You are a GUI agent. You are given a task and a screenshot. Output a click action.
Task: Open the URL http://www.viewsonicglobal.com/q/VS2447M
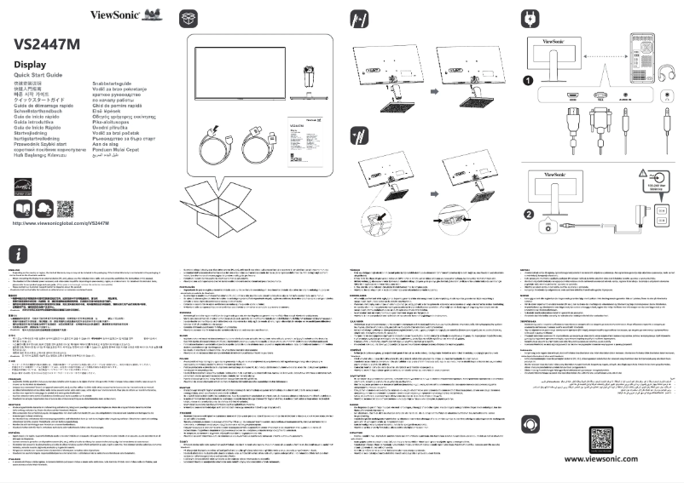[x=62, y=222]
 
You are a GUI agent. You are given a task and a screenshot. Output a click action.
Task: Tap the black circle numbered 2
[x=529, y=213]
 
